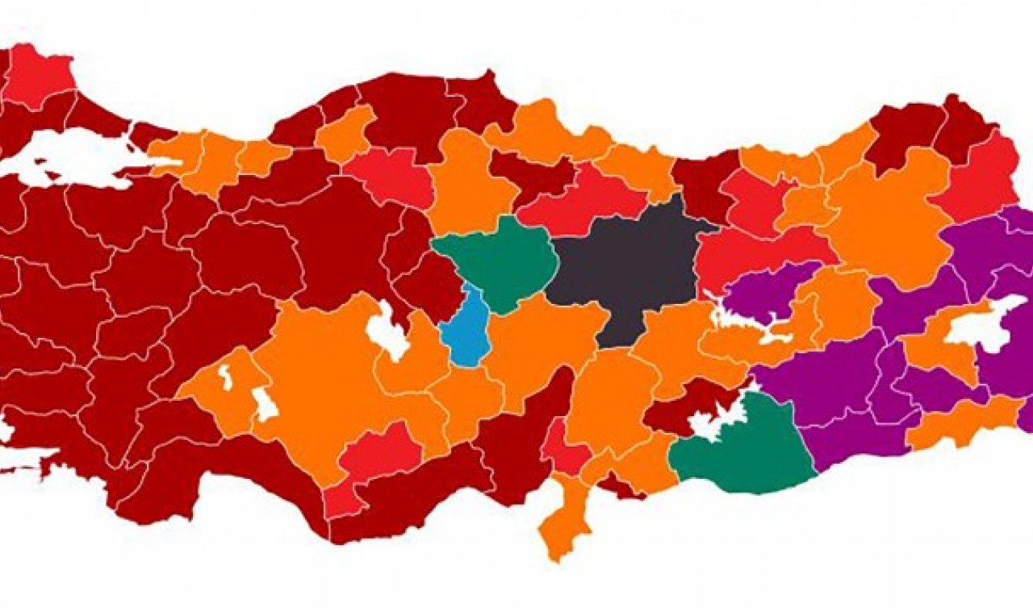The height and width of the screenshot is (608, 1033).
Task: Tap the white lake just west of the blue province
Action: click(387, 331)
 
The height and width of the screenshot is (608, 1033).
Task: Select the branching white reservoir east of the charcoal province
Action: click(742, 323)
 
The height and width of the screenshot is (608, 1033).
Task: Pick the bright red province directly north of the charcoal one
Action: click(581, 206)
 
